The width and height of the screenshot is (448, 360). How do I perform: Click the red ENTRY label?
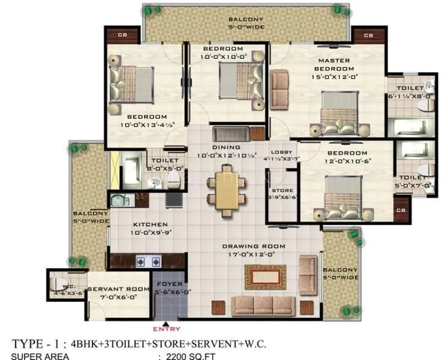(166, 329)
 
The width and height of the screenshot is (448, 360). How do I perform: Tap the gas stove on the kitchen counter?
(148, 261)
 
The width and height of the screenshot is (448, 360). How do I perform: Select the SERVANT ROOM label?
(118, 290)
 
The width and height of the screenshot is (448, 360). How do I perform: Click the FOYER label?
(166, 284)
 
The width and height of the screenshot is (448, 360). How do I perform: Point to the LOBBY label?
(282, 152)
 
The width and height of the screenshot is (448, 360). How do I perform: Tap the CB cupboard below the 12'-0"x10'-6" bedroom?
(402, 211)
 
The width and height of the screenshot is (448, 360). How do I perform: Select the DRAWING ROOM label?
(254, 246)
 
